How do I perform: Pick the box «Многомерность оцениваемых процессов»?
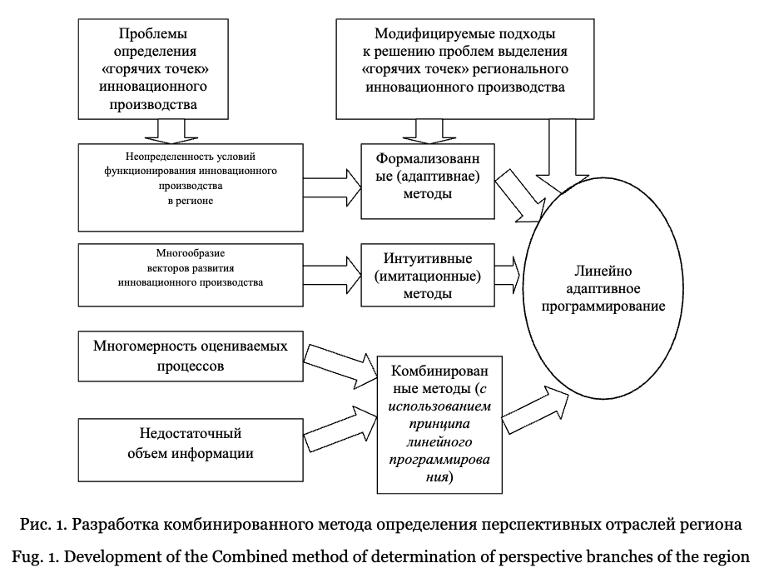(x=191, y=356)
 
